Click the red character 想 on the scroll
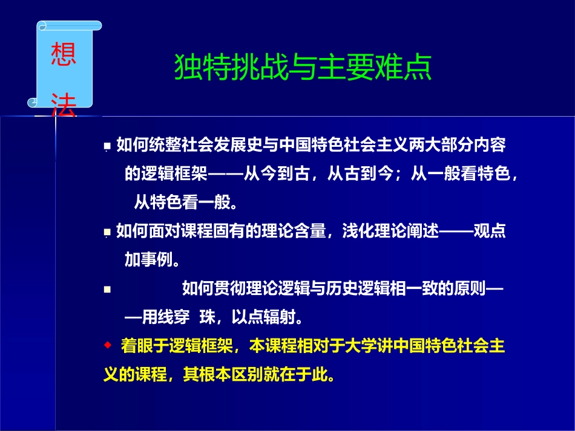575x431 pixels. [64, 53]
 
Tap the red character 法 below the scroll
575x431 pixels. [64, 105]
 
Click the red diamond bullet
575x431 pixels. [108, 345]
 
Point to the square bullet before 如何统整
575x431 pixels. [107, 146]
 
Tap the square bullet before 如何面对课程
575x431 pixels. [107, 232]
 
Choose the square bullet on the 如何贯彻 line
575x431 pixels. [107, 290]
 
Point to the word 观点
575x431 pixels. [490, 231]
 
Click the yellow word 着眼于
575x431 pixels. [145, 346]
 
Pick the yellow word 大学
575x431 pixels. [361, 346]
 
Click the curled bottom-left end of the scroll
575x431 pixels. [33, 103]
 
